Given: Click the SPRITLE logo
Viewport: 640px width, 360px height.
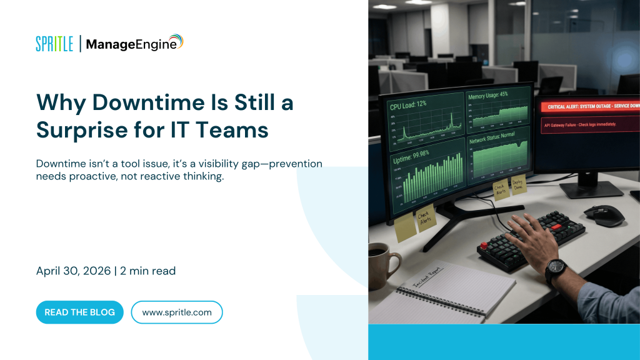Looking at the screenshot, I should point(54,44).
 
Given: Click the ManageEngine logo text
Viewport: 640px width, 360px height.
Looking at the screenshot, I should point(131,44).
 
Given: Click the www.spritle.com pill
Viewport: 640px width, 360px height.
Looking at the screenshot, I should point(177,312).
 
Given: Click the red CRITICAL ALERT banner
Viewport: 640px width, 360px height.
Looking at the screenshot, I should point(587,107).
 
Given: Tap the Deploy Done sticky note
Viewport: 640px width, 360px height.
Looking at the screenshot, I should point(518,183).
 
